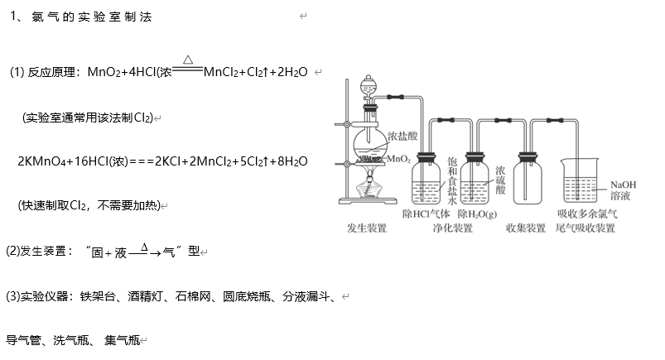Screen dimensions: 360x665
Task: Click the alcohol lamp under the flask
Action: pos(369,189)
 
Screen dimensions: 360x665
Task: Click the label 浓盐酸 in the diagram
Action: pos(403,133)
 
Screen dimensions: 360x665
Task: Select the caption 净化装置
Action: pos(452,228)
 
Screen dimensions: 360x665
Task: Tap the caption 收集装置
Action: pos(525,228)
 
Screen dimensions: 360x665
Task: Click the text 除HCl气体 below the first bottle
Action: pos(426,214)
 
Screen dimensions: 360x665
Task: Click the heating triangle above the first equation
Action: pos(188,60)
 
